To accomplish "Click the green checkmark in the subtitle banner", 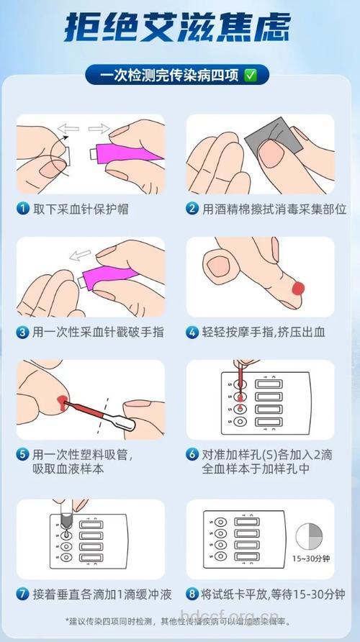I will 251,74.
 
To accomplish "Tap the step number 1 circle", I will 24,209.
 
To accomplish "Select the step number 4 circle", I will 192,332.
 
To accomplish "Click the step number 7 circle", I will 24,594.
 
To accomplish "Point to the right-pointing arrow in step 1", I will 99,129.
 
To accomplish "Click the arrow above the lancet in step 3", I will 80,256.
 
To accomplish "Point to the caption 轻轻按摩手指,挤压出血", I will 264,332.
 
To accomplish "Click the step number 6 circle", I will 192,455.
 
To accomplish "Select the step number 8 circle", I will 192,594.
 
